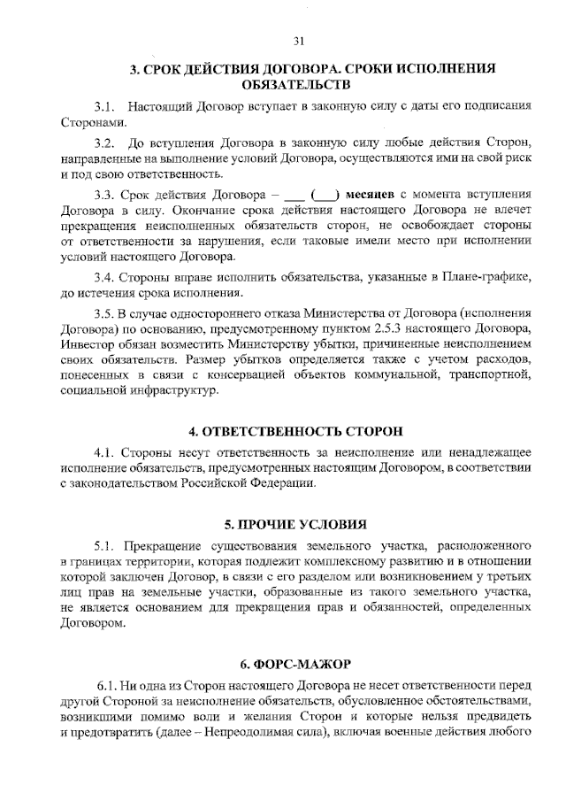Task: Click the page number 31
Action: pos(298,40)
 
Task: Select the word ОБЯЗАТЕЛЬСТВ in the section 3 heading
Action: pos(296,84)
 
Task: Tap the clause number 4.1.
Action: pos(105,451)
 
